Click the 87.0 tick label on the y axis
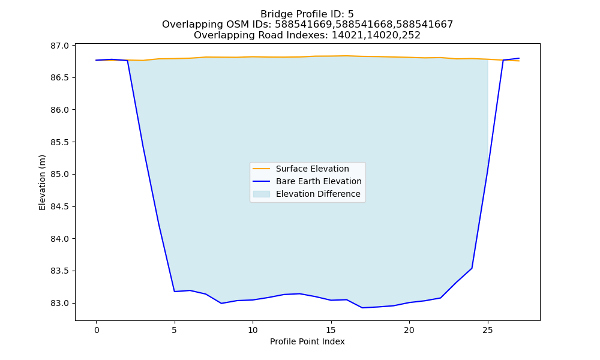point(59,46)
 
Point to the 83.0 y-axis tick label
point(59,303)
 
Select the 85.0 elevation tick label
point(59,174)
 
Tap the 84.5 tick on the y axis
point(59,206)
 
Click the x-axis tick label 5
point(175,330)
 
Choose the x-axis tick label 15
point(331,330)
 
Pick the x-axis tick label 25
point(487,330)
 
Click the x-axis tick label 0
point(96,330)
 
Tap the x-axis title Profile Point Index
point(307,341)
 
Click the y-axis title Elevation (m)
point(42,182)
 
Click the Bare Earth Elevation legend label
point(319,181)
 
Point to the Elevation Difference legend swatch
point(262,194)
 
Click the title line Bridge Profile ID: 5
point(307,14)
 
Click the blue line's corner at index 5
point(175,292)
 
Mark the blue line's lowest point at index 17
point(362,308)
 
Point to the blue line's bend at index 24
point(472,268)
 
